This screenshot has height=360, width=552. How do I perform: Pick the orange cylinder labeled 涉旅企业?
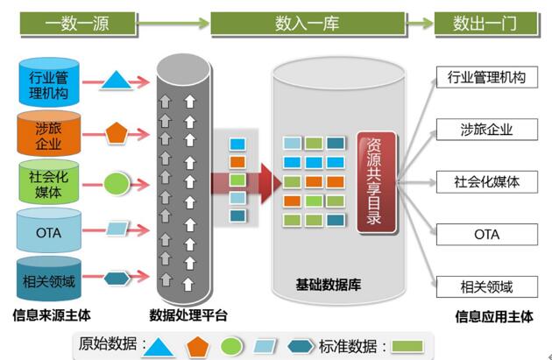click(49, 135)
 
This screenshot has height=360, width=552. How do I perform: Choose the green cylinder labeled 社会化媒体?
click(49, 184)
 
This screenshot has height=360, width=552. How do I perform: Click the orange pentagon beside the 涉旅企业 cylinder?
click(117, 133)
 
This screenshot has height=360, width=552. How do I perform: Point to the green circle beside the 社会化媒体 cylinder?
click(117, 183)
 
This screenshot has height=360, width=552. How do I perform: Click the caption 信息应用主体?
click(493, 316)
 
